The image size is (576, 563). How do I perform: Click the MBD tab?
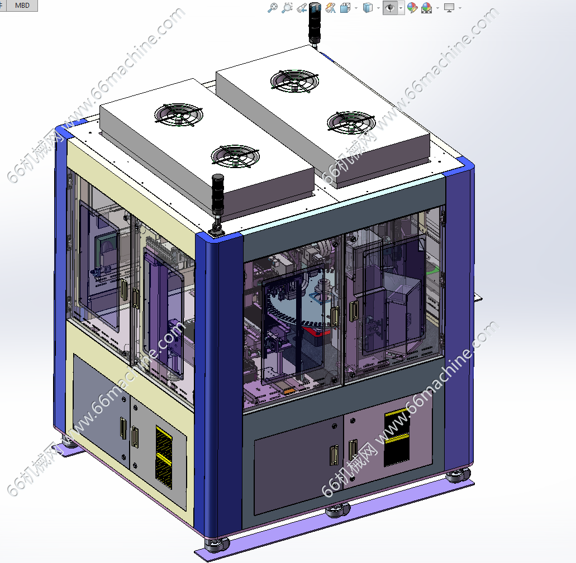point(22,6)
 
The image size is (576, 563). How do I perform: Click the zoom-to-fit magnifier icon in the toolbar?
point(287,8)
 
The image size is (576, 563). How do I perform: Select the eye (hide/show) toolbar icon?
point(390,8)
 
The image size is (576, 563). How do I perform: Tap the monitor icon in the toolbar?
point(449,8)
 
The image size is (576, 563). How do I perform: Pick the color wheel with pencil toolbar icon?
point(412,8)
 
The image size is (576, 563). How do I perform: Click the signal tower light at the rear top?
point(315,24)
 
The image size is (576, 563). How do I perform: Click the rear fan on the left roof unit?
point(179,114)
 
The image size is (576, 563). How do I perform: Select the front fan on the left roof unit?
point(235,156)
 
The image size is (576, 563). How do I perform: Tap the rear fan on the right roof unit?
point(294,81)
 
